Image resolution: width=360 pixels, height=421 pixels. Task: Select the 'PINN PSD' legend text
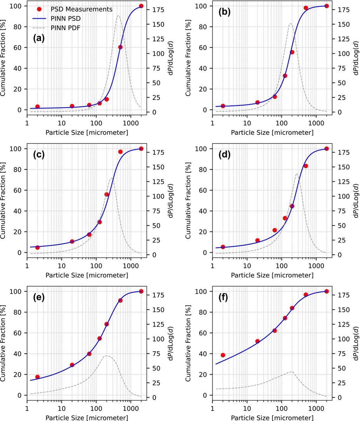pos(66,18)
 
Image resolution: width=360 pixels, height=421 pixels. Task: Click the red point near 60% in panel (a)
pos(120,47)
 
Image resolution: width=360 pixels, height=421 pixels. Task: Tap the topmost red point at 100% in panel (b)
pos(326,6)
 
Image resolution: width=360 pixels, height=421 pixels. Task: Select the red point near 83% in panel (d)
pos(306,166)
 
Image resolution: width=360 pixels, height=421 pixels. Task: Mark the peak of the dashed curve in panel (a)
pos(118,15)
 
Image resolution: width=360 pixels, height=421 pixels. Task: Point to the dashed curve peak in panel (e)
pos(107,356)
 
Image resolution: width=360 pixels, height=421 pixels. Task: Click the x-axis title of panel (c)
pos(87,275)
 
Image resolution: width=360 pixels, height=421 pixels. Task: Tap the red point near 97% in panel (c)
pos(120,152)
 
